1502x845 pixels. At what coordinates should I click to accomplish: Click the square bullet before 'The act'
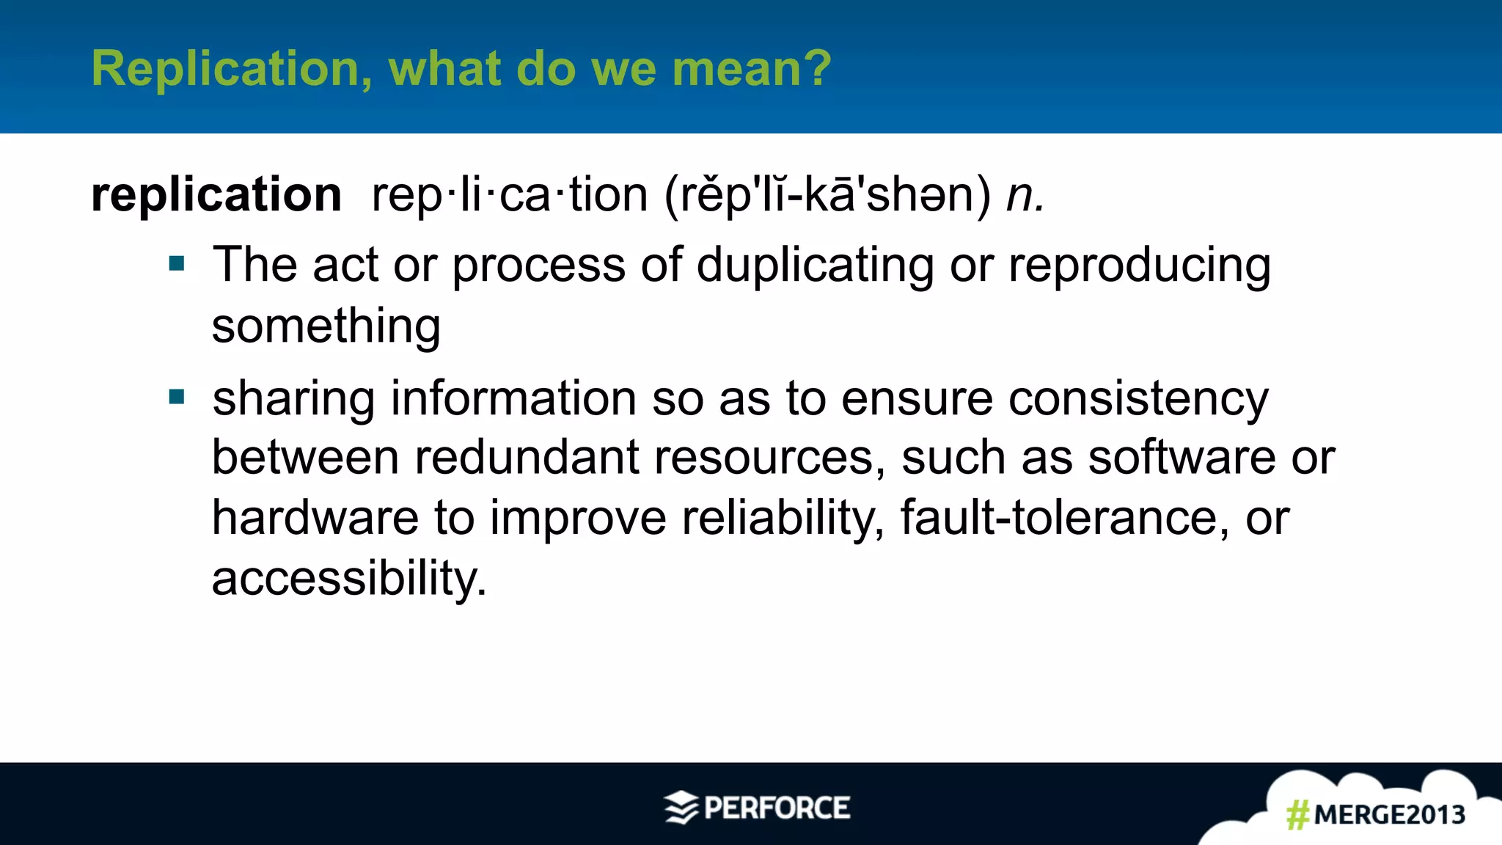(x=177, y=263)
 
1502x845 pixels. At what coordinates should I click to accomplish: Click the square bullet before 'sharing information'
(x=177, y=397)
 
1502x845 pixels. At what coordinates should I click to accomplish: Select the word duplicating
(x=814, y=265)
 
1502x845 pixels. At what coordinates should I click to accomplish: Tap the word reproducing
(x=1139, y=265)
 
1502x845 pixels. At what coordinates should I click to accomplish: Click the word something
(x=326, y=326)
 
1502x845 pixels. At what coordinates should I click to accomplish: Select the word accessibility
(x=348, y=579)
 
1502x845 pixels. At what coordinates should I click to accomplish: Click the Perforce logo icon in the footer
(x=681, y=808)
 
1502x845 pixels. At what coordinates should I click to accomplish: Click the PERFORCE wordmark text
(x=777, y=808)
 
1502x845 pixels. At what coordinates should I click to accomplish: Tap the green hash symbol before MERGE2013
(x=1297, y=815)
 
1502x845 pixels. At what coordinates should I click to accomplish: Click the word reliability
(x=783, y=518)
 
